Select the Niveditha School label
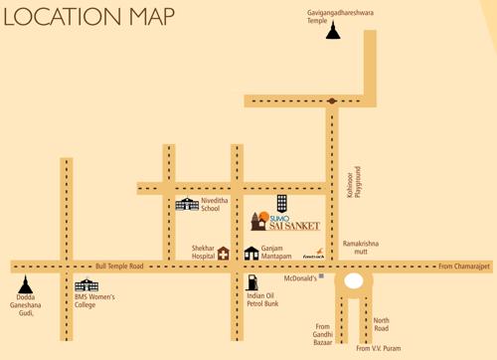(216, 204)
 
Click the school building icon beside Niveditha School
(187, 204)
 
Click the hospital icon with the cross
(224, 253)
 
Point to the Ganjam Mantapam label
(279, 253)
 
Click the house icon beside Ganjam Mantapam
(251, 253)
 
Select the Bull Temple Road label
(120, 267)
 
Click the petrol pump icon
(251, 283)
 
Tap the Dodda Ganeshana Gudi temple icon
(25, 286)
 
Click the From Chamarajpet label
(464, 267)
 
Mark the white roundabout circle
(353, 282)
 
